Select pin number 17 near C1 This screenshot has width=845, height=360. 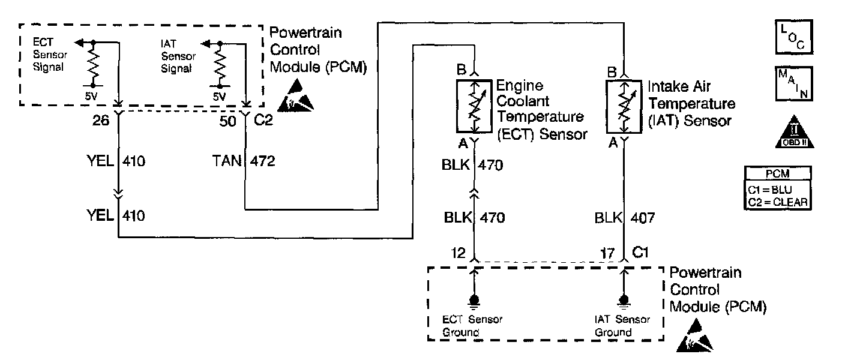608,254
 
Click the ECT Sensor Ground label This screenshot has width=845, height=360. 472,326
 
